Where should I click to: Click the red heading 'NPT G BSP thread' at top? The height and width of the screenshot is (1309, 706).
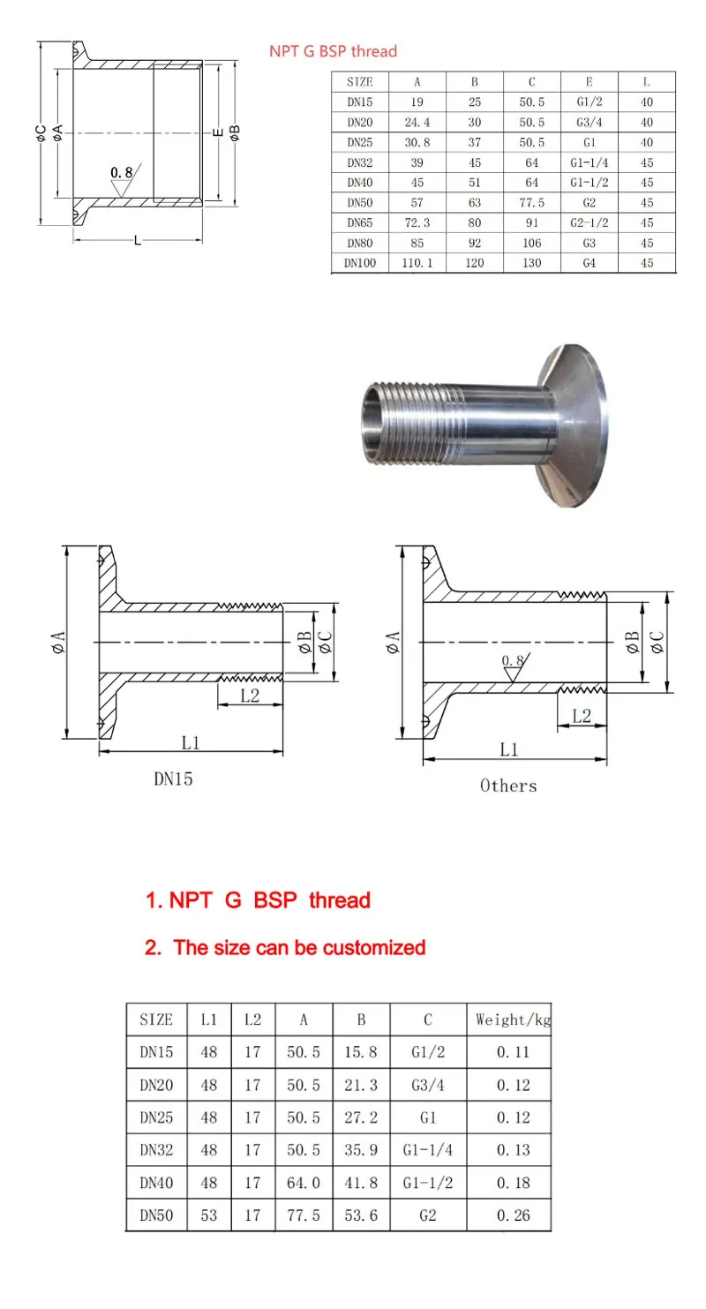[333, 51]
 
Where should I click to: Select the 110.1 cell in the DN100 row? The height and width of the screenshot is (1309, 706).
[417, 263]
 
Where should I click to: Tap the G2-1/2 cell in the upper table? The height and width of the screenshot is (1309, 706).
[590, 222]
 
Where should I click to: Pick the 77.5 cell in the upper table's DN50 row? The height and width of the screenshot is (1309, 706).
[532, 203]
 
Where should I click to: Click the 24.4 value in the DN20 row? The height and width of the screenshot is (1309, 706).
[417, 122]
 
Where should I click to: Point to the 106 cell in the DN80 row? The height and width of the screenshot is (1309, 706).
[532, 243]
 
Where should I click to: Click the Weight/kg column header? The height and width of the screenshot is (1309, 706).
[513, 1019]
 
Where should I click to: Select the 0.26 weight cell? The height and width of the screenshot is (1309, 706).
[513, 1215]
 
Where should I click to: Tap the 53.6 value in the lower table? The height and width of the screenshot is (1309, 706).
[361, 1215]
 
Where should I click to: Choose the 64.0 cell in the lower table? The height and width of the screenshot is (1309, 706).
[304, 1183]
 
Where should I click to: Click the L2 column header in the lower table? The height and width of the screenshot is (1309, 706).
[253, 1019]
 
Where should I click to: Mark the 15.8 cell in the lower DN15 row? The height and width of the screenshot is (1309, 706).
[361, 1052]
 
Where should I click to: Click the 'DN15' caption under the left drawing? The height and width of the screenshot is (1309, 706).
[173, 779]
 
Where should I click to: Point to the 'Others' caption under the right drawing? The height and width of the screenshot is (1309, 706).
[508, 786]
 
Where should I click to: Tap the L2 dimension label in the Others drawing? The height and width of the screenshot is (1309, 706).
[582, 716]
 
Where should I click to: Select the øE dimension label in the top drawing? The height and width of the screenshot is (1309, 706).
[218, 132]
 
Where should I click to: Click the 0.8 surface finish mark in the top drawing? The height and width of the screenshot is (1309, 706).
[122, 172]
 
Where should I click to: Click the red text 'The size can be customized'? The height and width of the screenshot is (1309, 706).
[299, 947]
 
